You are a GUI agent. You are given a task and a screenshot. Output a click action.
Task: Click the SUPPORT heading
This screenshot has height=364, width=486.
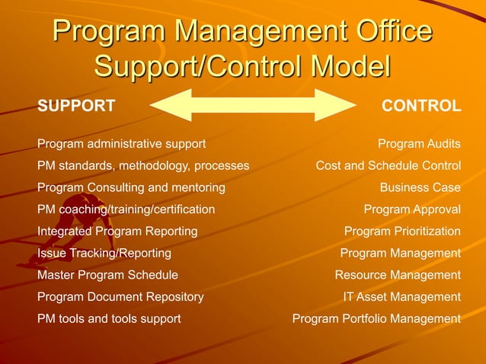(x=76, y=106)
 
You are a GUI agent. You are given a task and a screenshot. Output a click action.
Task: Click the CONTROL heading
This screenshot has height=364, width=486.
(x=421, y=106)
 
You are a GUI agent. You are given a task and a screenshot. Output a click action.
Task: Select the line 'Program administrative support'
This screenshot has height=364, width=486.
(x=121, y=143)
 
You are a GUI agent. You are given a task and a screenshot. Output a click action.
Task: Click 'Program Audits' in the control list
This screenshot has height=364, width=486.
(x=419, y=143)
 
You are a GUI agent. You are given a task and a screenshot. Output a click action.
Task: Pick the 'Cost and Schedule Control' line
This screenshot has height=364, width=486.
(x=388, y=165)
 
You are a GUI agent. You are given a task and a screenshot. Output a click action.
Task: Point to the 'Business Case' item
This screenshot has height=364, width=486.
(x=420, y=187)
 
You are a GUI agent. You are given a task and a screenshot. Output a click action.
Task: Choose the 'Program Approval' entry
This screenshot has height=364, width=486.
(x=412, y=209)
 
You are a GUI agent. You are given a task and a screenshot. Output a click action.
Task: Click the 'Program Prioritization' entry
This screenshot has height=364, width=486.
(x=402, y=231)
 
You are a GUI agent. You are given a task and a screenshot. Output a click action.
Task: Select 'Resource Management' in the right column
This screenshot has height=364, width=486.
(x=398, y=275)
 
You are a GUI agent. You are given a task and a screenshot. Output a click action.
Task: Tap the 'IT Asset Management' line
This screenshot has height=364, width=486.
(x=401, y=296)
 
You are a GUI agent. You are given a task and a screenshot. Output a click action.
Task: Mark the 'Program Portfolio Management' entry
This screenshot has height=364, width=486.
(x=376, y=318)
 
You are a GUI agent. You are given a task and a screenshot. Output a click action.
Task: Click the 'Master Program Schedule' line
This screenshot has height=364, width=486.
(x=107, y=275)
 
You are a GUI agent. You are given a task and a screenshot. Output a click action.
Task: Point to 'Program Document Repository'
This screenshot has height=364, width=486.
(x=120, y=296)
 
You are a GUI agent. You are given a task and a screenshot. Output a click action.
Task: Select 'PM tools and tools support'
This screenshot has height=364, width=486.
(x=109, y=318)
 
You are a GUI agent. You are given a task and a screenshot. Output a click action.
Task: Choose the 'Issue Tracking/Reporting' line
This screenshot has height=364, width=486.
(x=104, y=253)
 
